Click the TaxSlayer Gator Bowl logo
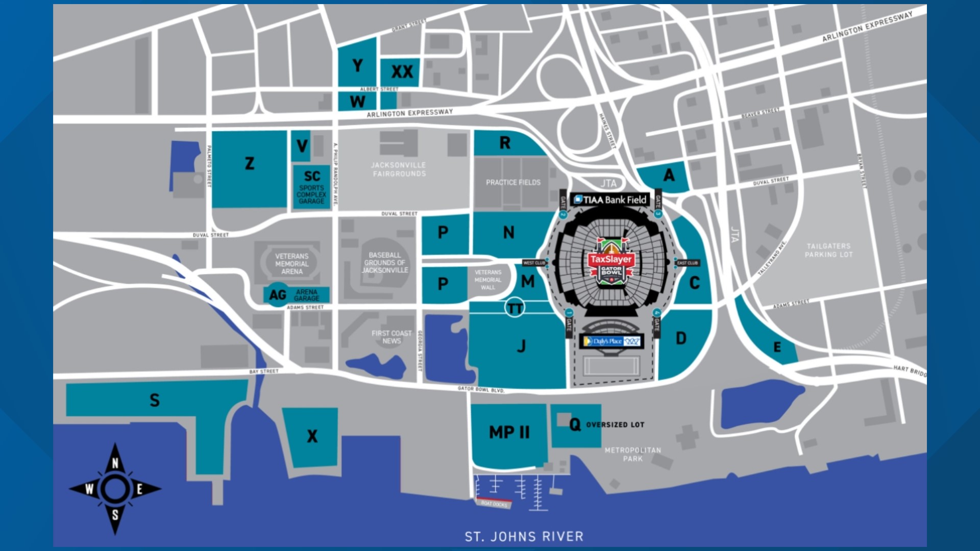[x=611, y=263]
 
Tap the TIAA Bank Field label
[x=610, y=199]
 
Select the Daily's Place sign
[x=611, y=341]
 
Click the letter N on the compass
[x=115, y=463]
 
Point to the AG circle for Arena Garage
[x=278, y=295]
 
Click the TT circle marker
[x=514, y=308]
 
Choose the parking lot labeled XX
[x=402, y=72]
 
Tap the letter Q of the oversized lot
[x=575, y=424]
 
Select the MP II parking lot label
[x=509, y=433]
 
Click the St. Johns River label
[x=524, y=536]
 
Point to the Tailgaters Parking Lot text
[x=828, y=250]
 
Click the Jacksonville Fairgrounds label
[x=399, y=169]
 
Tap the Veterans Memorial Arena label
[x=291, y=264]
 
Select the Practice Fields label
[x=513, y=182]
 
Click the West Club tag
[x=534, y=263]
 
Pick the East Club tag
[x=687, y=263]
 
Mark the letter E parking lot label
[x=777, y=347]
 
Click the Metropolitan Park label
[x=633, y=454]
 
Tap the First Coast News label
[x=391, y=337]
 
